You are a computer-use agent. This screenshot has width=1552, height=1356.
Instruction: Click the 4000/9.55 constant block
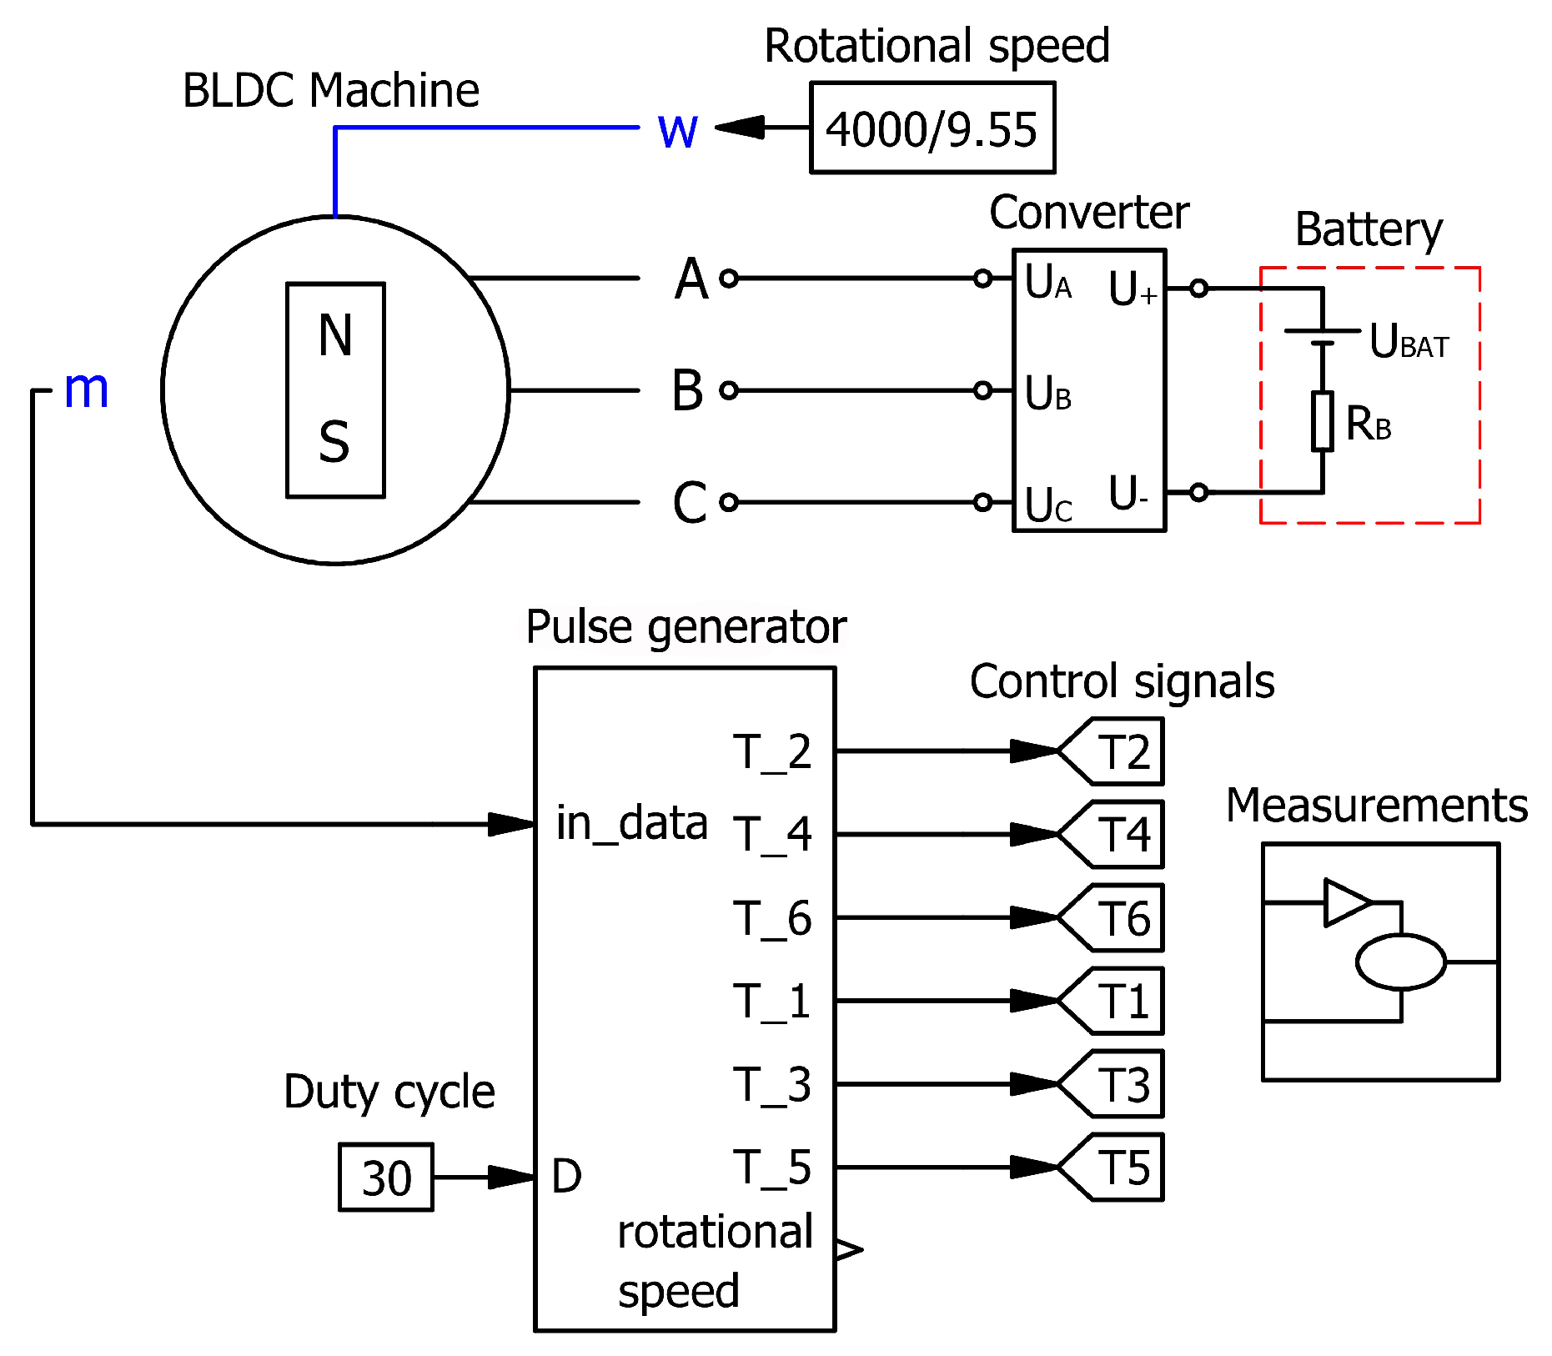pos(932,128)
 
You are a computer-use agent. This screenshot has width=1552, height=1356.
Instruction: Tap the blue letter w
pos(677,131)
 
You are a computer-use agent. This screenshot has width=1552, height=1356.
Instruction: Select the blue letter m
pos(86,389)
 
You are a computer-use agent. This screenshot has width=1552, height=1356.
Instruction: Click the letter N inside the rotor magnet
pos(335,336)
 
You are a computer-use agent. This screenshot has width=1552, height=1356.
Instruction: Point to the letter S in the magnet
pos(334,442)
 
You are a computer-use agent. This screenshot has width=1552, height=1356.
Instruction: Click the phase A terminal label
pos(691,279)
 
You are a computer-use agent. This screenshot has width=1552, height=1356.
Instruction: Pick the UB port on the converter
pos(1047,394)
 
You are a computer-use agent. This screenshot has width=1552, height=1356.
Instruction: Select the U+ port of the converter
pos(1132,289)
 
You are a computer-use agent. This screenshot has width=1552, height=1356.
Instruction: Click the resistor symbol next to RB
pos(1322,421)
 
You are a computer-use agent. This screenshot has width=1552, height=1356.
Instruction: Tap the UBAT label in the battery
pos(1409,342)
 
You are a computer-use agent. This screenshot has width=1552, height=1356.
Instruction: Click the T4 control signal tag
pos(1118,834)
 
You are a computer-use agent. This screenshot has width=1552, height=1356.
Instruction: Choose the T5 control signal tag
pos(1118,1167)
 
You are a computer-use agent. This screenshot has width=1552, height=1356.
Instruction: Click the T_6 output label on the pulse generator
pos(771,919)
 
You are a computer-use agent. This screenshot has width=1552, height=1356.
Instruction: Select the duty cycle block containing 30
pos(386,1177)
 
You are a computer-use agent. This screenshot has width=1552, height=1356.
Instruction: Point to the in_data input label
pos(631,824)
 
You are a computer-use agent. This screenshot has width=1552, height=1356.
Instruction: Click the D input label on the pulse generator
pos(566,1177)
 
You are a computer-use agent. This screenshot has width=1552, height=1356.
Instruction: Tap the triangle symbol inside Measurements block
pos(1344,902)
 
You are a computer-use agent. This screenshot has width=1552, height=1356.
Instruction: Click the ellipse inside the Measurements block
pos(1400,962)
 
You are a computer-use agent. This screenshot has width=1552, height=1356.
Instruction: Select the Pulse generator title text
pos(686,627)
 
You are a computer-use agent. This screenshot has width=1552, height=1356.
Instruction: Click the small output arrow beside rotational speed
pos(849,1248)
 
